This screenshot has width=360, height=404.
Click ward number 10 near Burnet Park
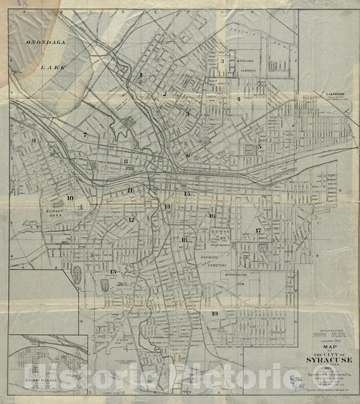tap(70, 198)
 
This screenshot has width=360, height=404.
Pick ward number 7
tap(85, 135)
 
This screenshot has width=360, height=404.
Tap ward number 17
tap(258, 230)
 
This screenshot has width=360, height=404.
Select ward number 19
tap(214, 313)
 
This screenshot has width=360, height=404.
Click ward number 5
tap(259, 147)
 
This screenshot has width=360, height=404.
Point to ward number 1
tap(140, 74)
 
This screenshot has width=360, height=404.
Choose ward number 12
tap(132, 220)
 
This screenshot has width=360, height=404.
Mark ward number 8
tap(126, 161)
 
